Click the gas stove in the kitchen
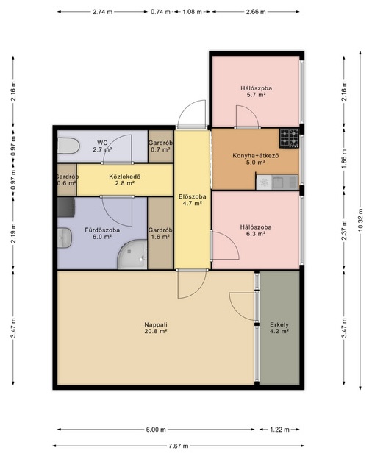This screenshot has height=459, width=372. coord(289,138)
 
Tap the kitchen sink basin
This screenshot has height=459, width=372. coord(277,182)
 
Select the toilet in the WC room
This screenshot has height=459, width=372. coord(68,146)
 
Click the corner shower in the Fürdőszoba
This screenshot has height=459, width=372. coord(132,255)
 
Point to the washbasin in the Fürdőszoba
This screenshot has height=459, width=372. coord(65,238)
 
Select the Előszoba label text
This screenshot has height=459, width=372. coord(193,196)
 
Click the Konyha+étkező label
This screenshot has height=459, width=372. coord(256,155)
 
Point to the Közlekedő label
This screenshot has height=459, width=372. coord(125,177)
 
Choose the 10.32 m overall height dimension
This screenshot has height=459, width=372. coord(360,220)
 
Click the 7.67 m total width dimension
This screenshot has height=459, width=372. coord(178,446)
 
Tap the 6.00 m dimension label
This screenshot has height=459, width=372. coord(156,430)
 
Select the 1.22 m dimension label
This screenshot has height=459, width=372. coord(279,430)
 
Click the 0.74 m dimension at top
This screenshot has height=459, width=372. coord(160,12)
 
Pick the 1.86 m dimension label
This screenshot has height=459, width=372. coord(344,160)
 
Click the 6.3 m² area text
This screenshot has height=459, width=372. coord(256,234)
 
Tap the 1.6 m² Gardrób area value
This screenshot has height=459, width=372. coord(160,237)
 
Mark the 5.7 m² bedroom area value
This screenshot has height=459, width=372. coord(256,95)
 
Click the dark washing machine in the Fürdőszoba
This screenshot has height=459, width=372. coord(66,207)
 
